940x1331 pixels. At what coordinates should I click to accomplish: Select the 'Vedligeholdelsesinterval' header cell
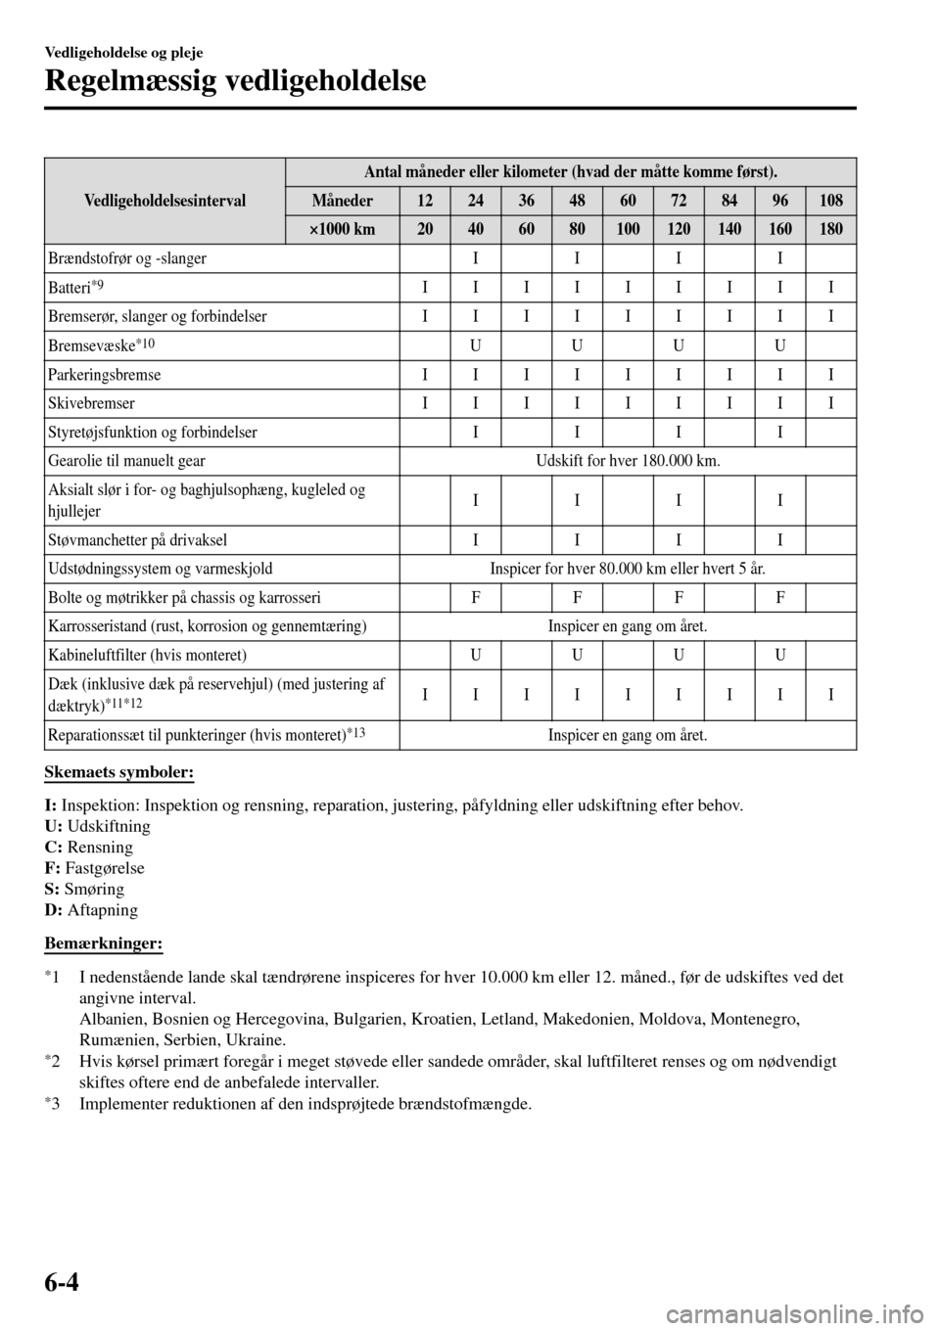click(x=164, y=201)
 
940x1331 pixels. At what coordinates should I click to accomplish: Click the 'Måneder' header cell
click(x=342, y=201)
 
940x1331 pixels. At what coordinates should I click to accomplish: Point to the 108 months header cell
click(x=830, y=201)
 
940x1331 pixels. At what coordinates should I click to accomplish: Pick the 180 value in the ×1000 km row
click(x=830, y=230)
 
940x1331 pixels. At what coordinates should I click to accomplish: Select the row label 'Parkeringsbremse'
click(x=104, y=375)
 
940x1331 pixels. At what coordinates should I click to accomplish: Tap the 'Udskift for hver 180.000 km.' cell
click(x=628, y=461)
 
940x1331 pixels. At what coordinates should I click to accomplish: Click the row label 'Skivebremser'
click(x=90, y=403)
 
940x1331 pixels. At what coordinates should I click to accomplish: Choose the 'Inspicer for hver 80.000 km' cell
click(x=628, y=569)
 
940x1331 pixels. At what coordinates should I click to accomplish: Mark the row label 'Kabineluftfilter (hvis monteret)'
click(x=146, y=655)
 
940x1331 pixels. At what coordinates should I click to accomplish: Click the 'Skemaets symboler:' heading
click(x=118, y=773)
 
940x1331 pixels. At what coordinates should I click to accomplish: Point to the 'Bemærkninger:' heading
click(x=103, y=942)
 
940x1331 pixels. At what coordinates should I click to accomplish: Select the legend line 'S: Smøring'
click(x=84, y=889)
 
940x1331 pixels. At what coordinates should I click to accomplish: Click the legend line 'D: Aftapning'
click(x=91, y=909)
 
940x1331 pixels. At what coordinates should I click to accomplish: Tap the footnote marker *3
click(x=54, y=1105)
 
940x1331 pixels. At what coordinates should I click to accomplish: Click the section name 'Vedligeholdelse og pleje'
click(x=123, y=52)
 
